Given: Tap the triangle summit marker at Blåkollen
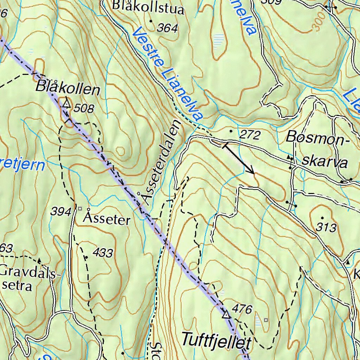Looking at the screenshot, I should pyautogui.click(x=66, y=103).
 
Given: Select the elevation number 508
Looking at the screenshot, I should pyautogui.click(x=84, y=109).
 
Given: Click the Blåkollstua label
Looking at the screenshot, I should pyautogui.click(x=148, y=8).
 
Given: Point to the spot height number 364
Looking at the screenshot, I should pyautogui.click(x=167, y=28).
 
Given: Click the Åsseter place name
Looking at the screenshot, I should pyautogui.click(x=107, y=220).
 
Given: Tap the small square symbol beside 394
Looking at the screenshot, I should pyautogui.click(x=80, y=208).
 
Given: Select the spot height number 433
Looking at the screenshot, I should pyautogui.click(x=103, y=253).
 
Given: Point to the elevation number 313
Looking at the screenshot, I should pyautogui.click(x=326, y=228).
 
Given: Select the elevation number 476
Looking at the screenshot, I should pyautogui.click(x=243, y=309).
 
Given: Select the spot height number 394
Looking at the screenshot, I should pyautogui.click(x=61, y=212).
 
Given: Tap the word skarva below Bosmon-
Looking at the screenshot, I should pyautogui.click(x=325, y=162).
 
